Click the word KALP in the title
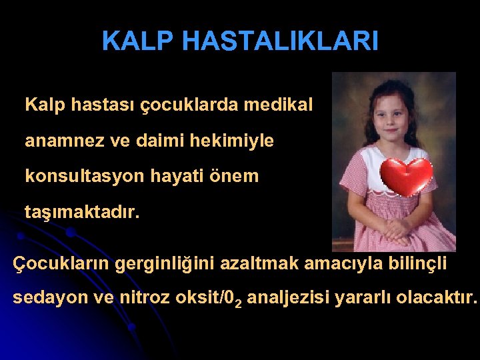138,41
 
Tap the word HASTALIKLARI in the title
280,41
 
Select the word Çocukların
61,263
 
